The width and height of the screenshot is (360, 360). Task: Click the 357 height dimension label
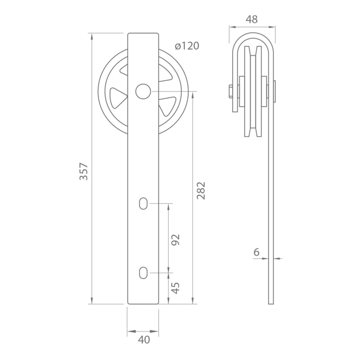click(84, 171)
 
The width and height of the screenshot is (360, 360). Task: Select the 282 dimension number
click(201, 190)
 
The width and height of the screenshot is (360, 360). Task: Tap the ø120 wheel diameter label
click(187, 46)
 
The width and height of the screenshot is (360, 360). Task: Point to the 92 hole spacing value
click(176, 240)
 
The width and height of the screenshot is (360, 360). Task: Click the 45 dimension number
click(176, 288)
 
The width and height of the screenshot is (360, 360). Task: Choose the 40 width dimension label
click(144, 340)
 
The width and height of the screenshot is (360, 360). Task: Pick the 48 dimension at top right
click(252, 19)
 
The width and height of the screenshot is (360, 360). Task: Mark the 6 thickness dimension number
click(256, 252)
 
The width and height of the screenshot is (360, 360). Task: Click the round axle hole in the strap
click(143, 91)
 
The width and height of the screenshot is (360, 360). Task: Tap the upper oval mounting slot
click(143, 203)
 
